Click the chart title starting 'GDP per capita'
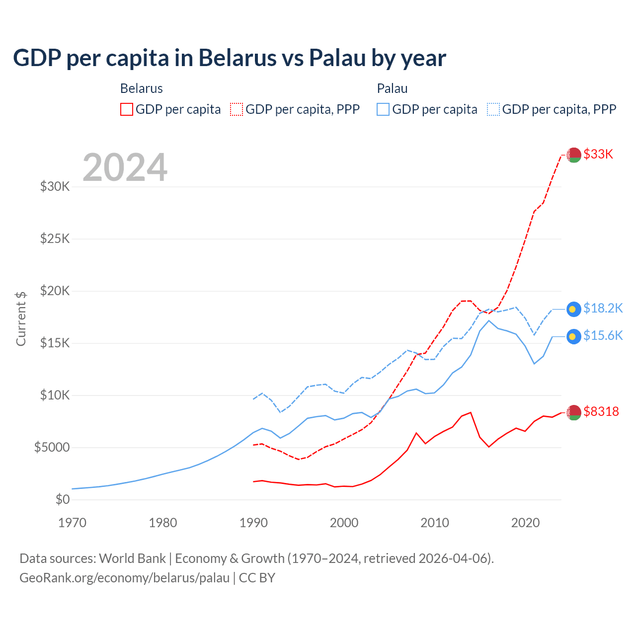point(229,58)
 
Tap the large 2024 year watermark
point(125,168)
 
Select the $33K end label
point(598,154)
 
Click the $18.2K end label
point(603,309)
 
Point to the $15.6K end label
point(603,336)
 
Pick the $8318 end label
point(601,411)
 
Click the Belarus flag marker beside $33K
point(574,155)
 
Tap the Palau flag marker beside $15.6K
point(574,336)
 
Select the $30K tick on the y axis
point(55,187)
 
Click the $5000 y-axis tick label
point(52,447)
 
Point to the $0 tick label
point(62,499)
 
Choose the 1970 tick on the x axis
point(73,523)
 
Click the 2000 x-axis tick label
point(344,523)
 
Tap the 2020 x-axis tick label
point(525,523)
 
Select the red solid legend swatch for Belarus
point(127,109)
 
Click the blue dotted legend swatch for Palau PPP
point(493,109)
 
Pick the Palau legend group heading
point(392,88)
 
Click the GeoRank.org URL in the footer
point(124,578)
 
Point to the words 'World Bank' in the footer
point(132,558)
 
